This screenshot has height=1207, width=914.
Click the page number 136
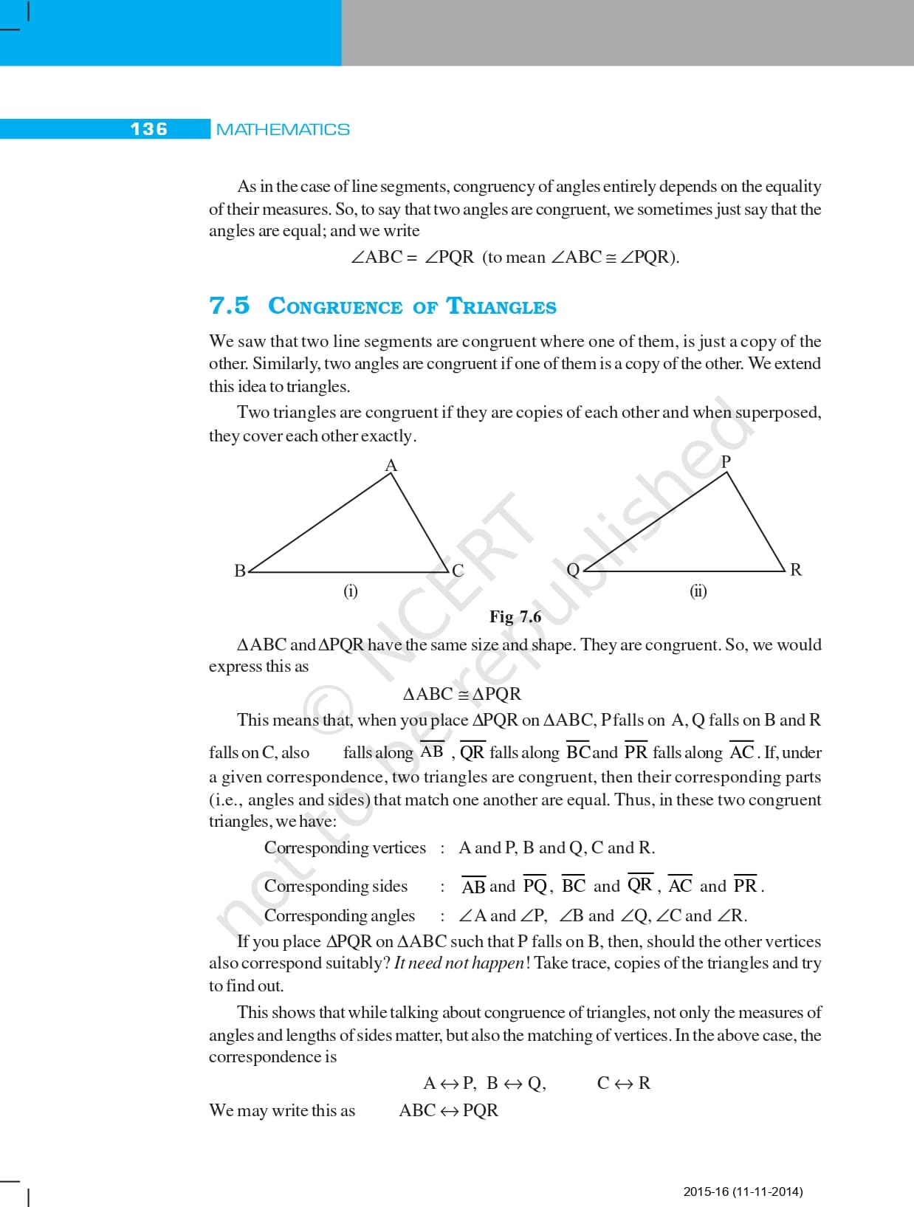149,129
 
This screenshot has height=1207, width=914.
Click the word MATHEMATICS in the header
283,130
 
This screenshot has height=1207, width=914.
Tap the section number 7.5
230,306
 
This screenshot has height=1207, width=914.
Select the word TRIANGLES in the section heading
502,306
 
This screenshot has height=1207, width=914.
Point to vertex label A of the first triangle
391,465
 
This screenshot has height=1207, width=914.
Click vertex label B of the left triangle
240,571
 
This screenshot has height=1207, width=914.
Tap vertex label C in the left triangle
458,571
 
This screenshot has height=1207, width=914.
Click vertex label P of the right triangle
726,461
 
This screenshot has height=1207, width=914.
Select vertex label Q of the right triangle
573,570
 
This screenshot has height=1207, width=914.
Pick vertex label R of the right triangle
796,570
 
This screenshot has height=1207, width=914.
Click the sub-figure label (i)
351,591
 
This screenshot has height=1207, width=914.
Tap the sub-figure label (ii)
698,591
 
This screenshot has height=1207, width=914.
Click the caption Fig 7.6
515,616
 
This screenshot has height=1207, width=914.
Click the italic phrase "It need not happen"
459,963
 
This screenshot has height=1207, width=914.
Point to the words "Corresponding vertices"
345,847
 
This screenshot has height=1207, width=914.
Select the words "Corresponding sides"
336,886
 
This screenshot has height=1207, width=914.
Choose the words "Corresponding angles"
340,915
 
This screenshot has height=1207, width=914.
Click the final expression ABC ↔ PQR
448,1110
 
